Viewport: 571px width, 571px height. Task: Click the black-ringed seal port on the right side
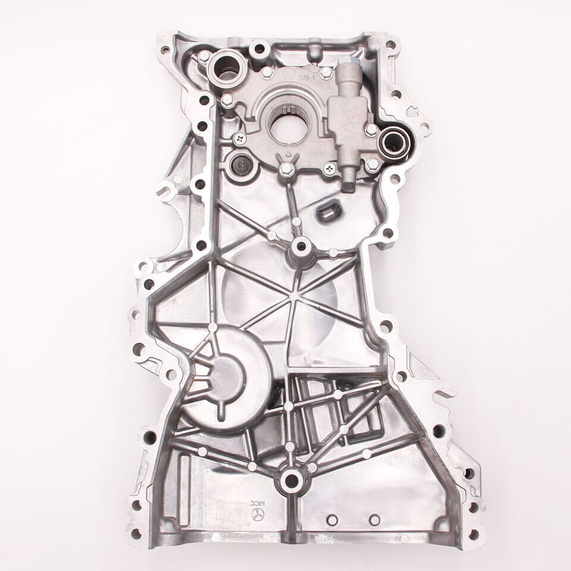point(392,141)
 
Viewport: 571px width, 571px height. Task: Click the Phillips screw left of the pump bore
point(240,139)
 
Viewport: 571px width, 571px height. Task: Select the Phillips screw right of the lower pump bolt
point(329,170)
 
